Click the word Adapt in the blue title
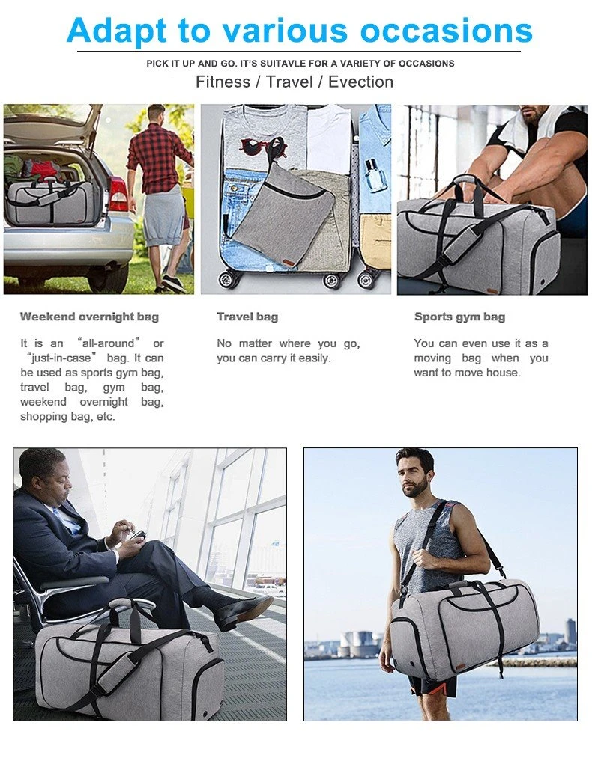click(117, 31)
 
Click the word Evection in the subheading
click(360, 82)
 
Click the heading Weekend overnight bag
click(90, 317)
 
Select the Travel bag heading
click(247, 317)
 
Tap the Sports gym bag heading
click(460, 317)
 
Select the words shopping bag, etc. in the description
click(67, 417)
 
